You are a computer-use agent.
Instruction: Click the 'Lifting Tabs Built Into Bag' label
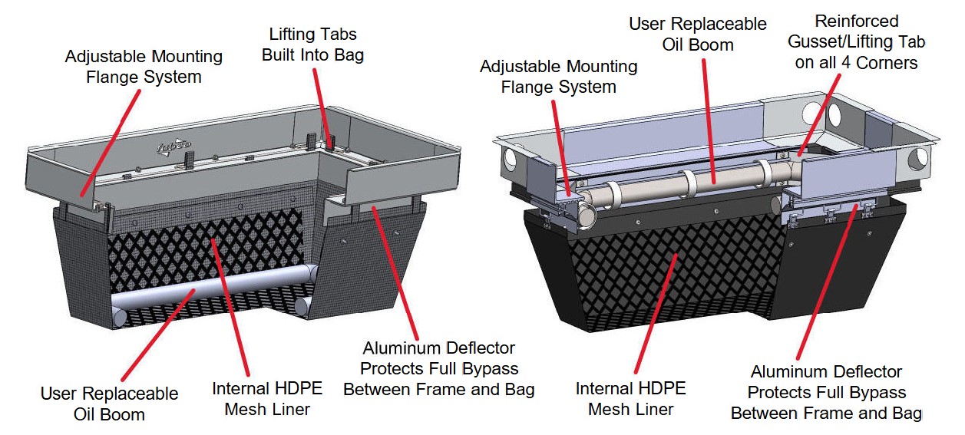click(312, 44)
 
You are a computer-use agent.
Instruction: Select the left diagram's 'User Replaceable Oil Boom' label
click(109, 404)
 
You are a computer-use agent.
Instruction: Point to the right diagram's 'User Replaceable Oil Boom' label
click(697, 35)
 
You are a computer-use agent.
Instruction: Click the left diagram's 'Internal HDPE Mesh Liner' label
click(267, 398)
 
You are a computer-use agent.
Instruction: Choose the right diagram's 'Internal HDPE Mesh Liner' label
click(630, 398)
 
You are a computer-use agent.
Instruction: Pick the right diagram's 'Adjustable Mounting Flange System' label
click(558, 77)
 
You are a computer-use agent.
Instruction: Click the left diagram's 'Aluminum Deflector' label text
click(438, 369)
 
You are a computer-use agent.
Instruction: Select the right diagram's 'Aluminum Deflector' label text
click(826, 393)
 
